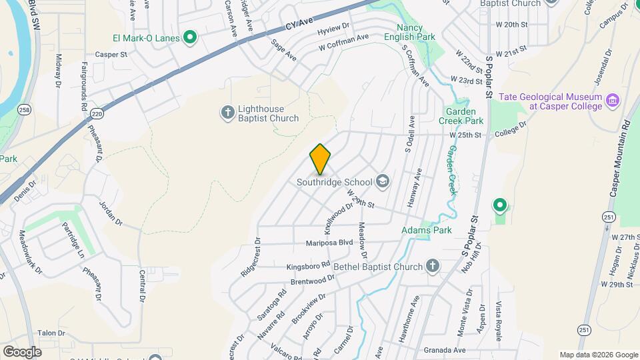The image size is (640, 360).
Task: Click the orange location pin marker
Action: click(x=321, y=159)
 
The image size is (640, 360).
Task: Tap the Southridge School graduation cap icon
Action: click(x=383, y=181)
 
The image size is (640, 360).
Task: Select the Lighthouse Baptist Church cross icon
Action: click(x=227, y=113)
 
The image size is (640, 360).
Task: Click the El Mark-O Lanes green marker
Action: click(x=189, y=37)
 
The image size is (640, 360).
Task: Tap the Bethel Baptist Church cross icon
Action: click(x=433, y=267)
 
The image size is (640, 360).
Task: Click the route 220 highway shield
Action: click(x=97, y=113)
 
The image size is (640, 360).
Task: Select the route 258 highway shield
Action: click(x=25, y=109)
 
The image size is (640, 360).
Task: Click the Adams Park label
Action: click(x=427, y=230)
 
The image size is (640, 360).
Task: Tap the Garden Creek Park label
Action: click(x=465, y=117)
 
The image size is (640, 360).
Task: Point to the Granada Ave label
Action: click(x=444, y=349)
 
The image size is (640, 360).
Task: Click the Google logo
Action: click(x=22, y=351)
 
